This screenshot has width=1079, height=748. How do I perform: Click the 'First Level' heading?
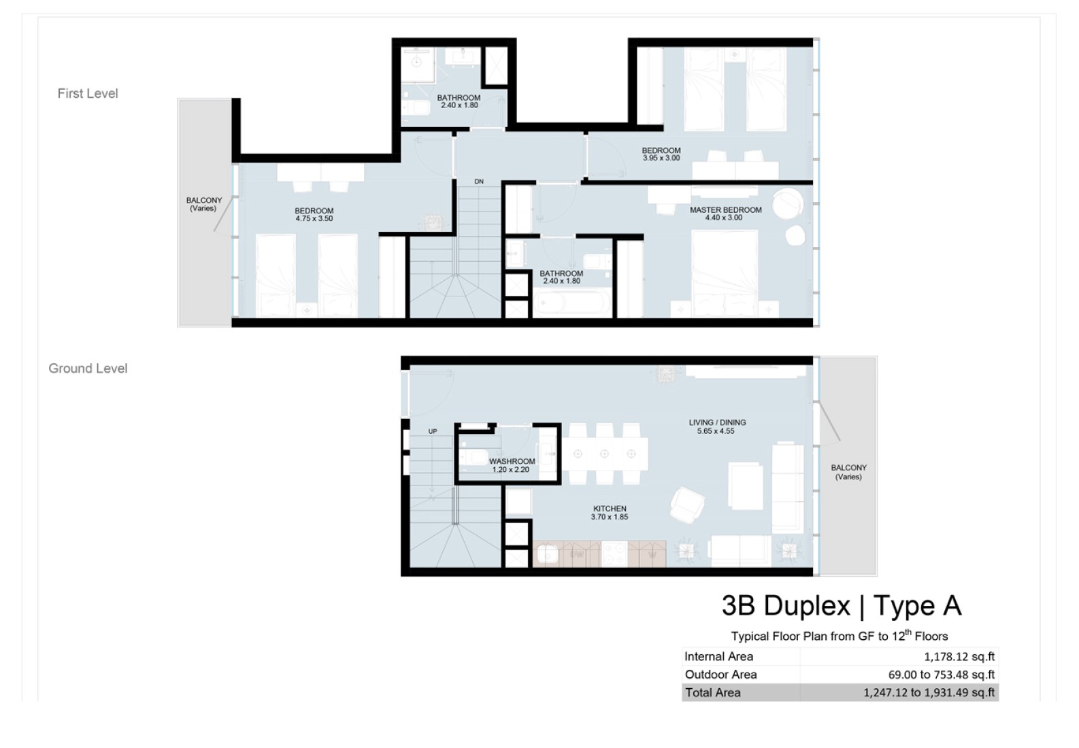(88, 93)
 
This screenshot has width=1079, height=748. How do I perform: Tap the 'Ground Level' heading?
(88, 369)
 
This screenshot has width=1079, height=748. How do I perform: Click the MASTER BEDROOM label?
(725, 210)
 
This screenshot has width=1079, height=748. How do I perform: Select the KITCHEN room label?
(610, 508)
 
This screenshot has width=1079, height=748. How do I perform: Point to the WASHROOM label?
(512, 461)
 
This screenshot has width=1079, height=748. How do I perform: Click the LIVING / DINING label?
(717, 422)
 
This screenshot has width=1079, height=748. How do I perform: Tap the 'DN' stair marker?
(479, 182)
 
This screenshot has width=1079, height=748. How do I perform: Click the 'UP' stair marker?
(433, 431)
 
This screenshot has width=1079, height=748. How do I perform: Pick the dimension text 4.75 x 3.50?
(314, 218)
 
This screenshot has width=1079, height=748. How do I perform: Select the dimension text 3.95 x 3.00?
(661, 158)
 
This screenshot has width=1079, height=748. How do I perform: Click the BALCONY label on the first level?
(203, 200)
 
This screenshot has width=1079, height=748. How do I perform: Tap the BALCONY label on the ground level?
(849, 467)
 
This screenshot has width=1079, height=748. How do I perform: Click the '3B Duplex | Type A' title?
(842, 605)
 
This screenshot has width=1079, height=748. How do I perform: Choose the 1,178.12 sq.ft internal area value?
(959, 657)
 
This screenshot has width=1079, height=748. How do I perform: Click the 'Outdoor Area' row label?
(720, 675)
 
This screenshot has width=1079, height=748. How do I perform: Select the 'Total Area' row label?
(712, 693)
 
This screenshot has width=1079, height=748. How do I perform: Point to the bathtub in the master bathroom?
(571, 304)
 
